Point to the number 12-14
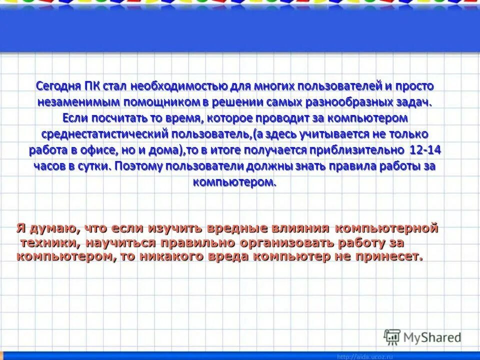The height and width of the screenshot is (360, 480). pos(425,150)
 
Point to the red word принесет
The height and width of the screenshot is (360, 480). pos(389,257)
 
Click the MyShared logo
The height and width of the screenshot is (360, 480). pos(422,337)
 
